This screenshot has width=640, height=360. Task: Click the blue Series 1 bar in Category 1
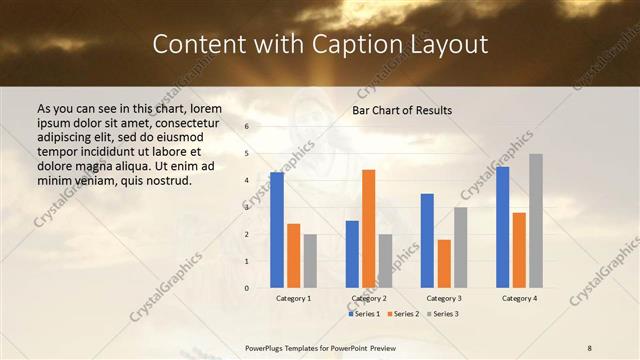click(277, 230)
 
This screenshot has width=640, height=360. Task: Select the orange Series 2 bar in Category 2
click(369, 229)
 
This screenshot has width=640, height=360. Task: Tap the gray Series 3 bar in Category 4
click(536, 221)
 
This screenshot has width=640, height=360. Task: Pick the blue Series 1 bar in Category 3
click(427, 241)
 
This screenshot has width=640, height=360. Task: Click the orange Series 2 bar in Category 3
click(444, 264)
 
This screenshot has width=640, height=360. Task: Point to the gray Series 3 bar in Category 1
click(310, 261)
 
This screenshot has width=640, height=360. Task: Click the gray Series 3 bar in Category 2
click(386, 261)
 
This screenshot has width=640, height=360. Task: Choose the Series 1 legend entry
click(363, 314)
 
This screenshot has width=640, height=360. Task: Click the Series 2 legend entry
click(401, 314)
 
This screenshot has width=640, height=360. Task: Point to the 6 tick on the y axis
click(247, 127)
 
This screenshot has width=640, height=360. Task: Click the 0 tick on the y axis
click(247, 288)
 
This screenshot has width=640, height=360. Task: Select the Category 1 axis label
click(293, 298)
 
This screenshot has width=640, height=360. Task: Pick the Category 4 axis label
click(519, 298)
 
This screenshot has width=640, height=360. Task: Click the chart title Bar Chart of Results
click(402, 110)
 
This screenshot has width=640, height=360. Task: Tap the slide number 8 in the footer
click(590, 347)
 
